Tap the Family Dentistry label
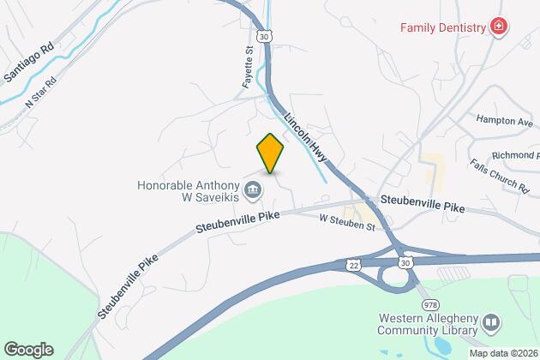441,27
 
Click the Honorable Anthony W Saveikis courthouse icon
252,189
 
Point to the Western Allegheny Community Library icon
491,323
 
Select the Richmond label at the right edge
514,157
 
